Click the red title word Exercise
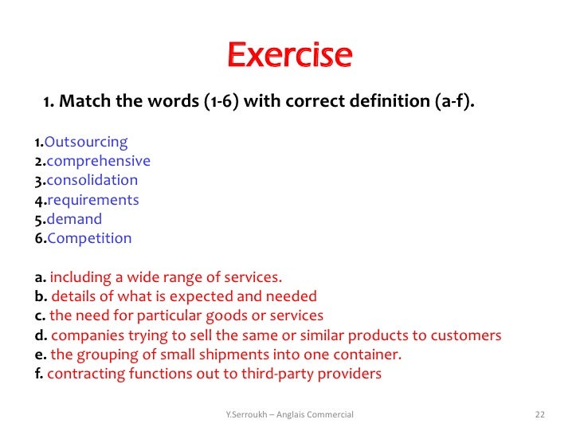(x=289, y=55)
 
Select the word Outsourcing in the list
(x=86, y=143)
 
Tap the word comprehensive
(x=98, y=162)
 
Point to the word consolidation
(x=92, y=181)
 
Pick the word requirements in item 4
(x=92, y=200)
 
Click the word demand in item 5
(x=74, y=219)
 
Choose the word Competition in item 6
(x=88, y=238)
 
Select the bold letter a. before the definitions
(x=40, y=278)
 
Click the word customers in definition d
(x=469, y=335)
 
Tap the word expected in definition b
(x=198, y=297)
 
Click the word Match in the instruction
(x=82, y=103)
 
